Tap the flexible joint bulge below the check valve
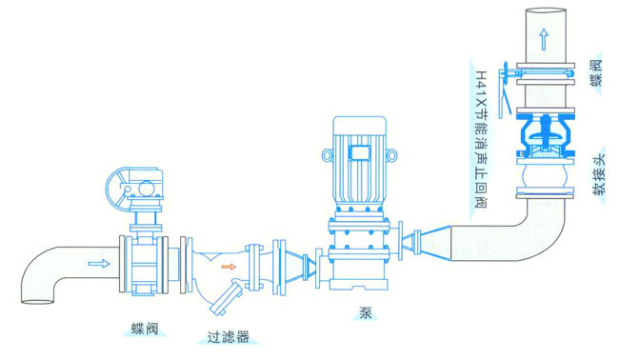click(544, 178)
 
